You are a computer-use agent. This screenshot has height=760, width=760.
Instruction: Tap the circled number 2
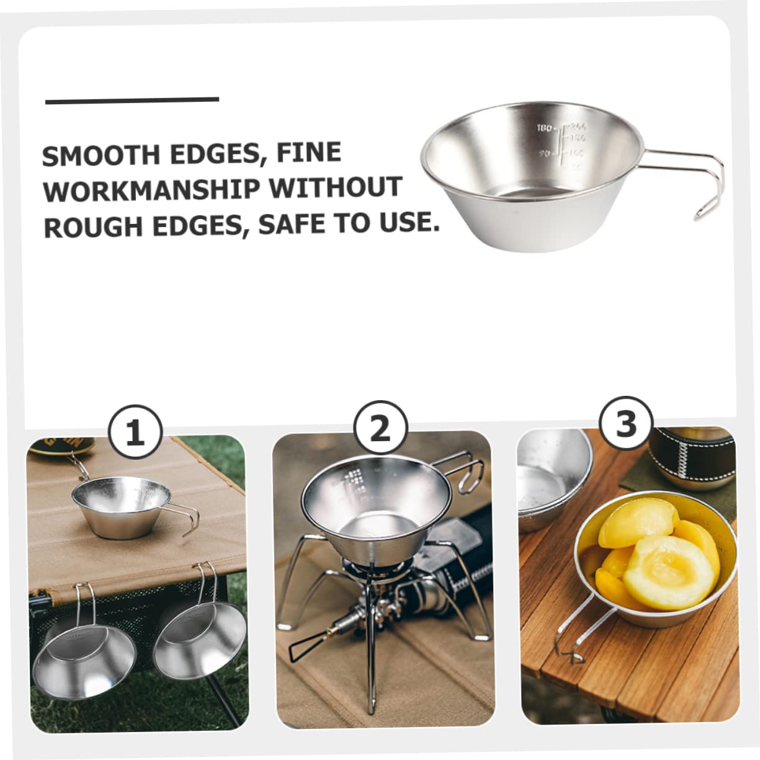point(380,428)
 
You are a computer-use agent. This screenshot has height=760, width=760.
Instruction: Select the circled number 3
point(626,424)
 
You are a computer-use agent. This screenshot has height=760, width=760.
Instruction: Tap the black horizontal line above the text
point(132,100)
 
